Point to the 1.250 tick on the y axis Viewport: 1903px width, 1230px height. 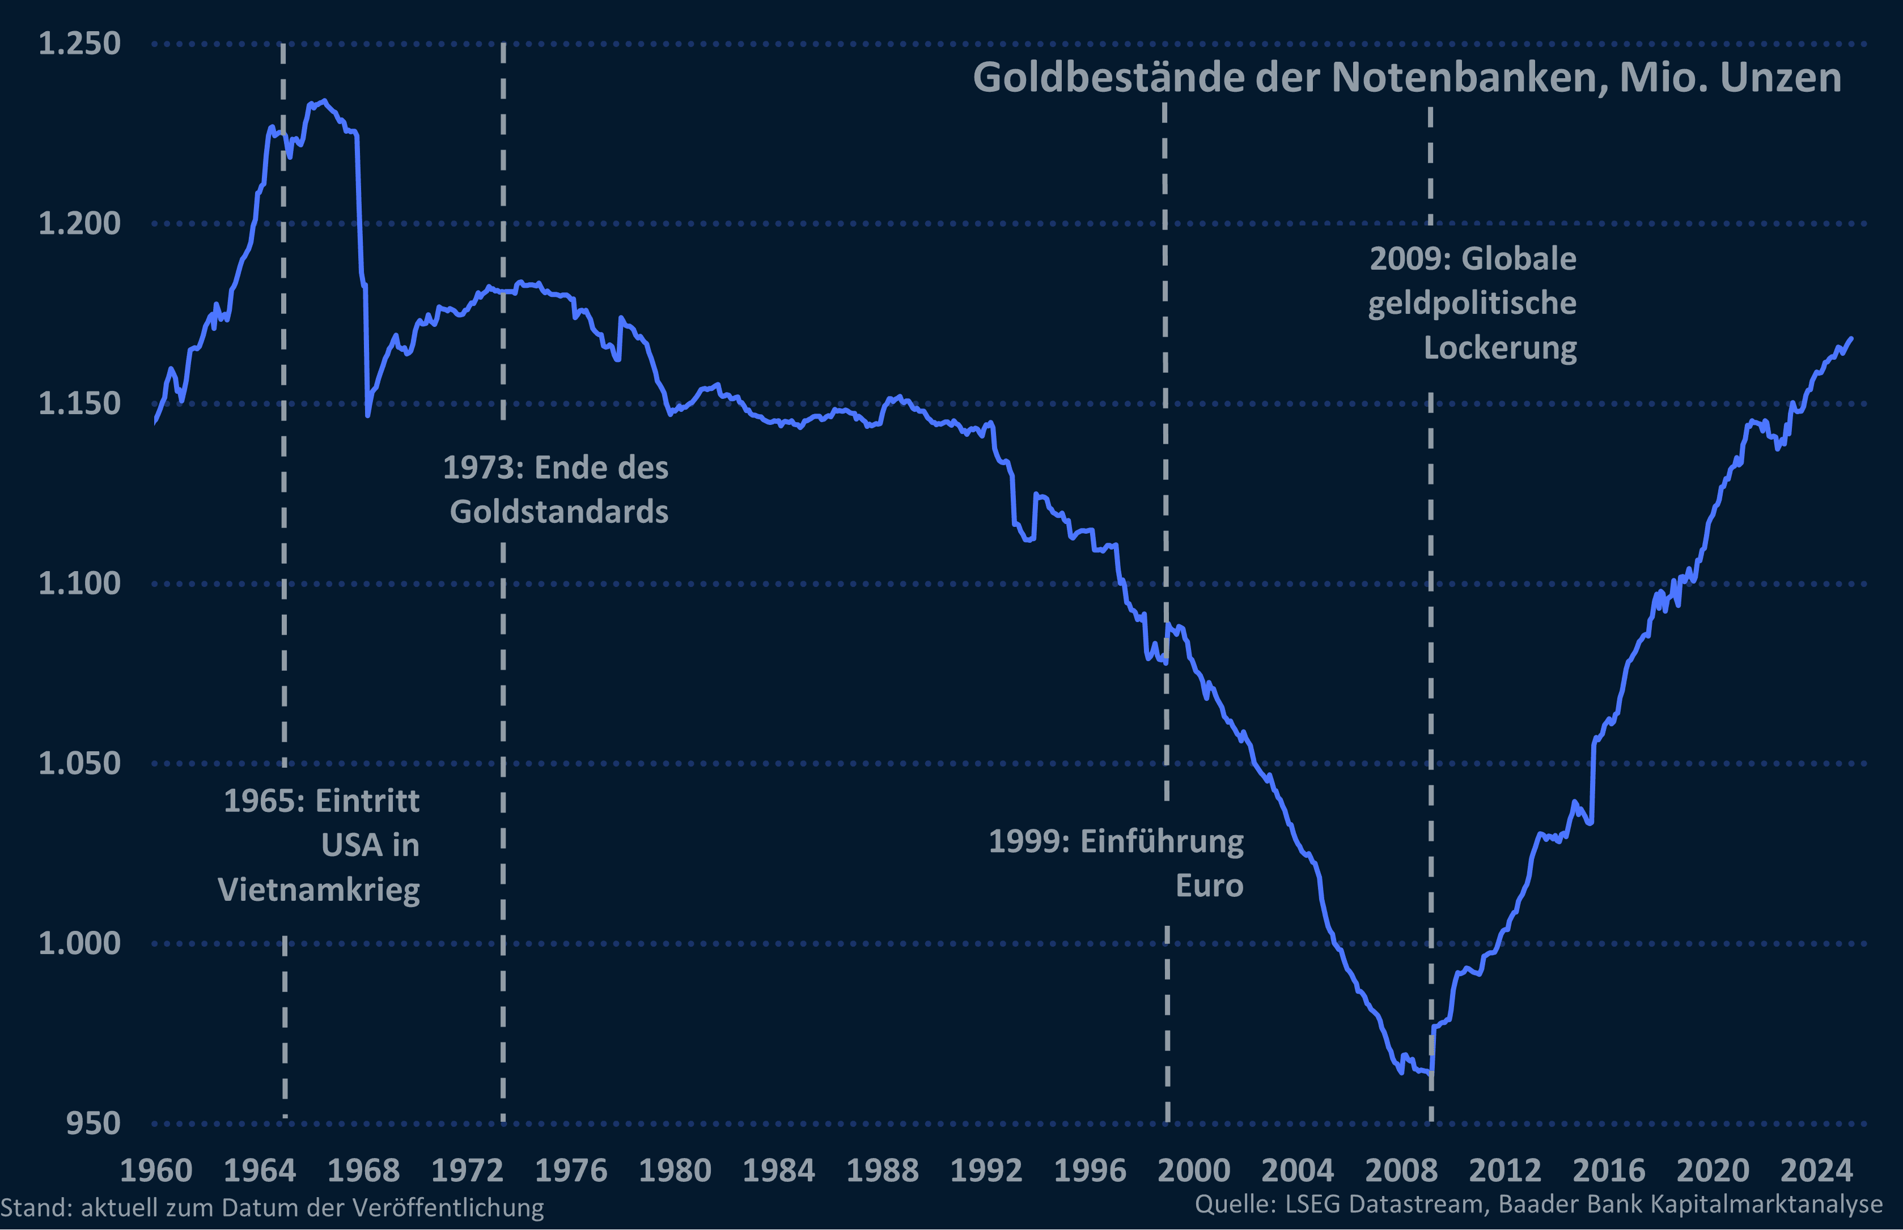[x=79, y=43]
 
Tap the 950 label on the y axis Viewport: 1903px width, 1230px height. [x=92, y=1123]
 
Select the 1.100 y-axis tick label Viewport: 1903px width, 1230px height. [x=79, y=583]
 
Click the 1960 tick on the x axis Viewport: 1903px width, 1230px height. [x=156, y=1170]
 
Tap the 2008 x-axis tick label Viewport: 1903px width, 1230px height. [x=1401, y=1170]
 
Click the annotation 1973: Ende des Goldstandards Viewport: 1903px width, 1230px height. [x=556, y=489]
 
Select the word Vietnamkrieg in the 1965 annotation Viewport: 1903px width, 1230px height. [x=319, y=889]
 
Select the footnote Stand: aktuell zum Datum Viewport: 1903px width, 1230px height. [x=272, y=1207]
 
